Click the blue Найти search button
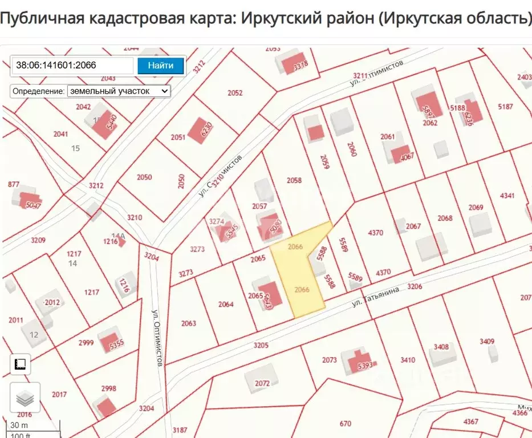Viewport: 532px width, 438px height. (x=161, y=66)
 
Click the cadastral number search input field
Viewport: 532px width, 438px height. (x=72, y=66)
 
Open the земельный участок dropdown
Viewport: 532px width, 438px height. (x=119, y=91)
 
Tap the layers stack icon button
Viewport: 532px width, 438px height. (x=25, y=398)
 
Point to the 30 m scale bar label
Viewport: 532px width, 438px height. (x=19, y=425)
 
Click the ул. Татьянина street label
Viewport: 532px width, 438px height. (x=375, y=297)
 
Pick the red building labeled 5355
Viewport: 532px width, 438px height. (x=112, y=342)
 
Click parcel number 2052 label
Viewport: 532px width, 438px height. (x=235, y=93)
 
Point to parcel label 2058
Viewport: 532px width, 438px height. (x=294, y=181)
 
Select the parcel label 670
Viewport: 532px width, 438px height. (x=345, y=423)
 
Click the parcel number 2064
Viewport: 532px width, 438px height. (x=226, y=304)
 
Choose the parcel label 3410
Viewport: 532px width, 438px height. (x=408, y=360)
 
